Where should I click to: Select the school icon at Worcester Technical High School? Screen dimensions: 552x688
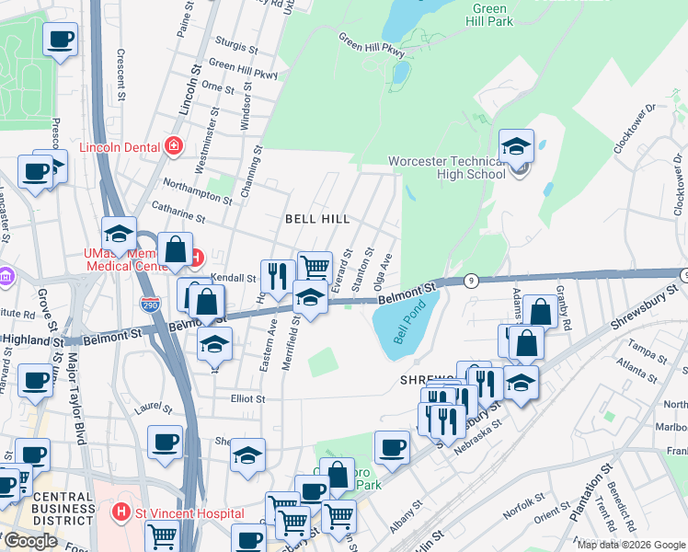point(517,146)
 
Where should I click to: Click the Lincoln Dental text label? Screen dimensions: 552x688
point(120,146)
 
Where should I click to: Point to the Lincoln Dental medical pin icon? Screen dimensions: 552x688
point(172,145)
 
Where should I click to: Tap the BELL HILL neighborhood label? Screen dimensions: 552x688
point(317,219)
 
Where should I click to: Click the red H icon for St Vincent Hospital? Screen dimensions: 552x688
point(119,512)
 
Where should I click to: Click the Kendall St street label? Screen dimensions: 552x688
point(232,277)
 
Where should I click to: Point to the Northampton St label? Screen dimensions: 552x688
point(198,192)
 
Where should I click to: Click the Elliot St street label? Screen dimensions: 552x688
point(247,399)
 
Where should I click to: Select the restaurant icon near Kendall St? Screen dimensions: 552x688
point(277,274)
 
